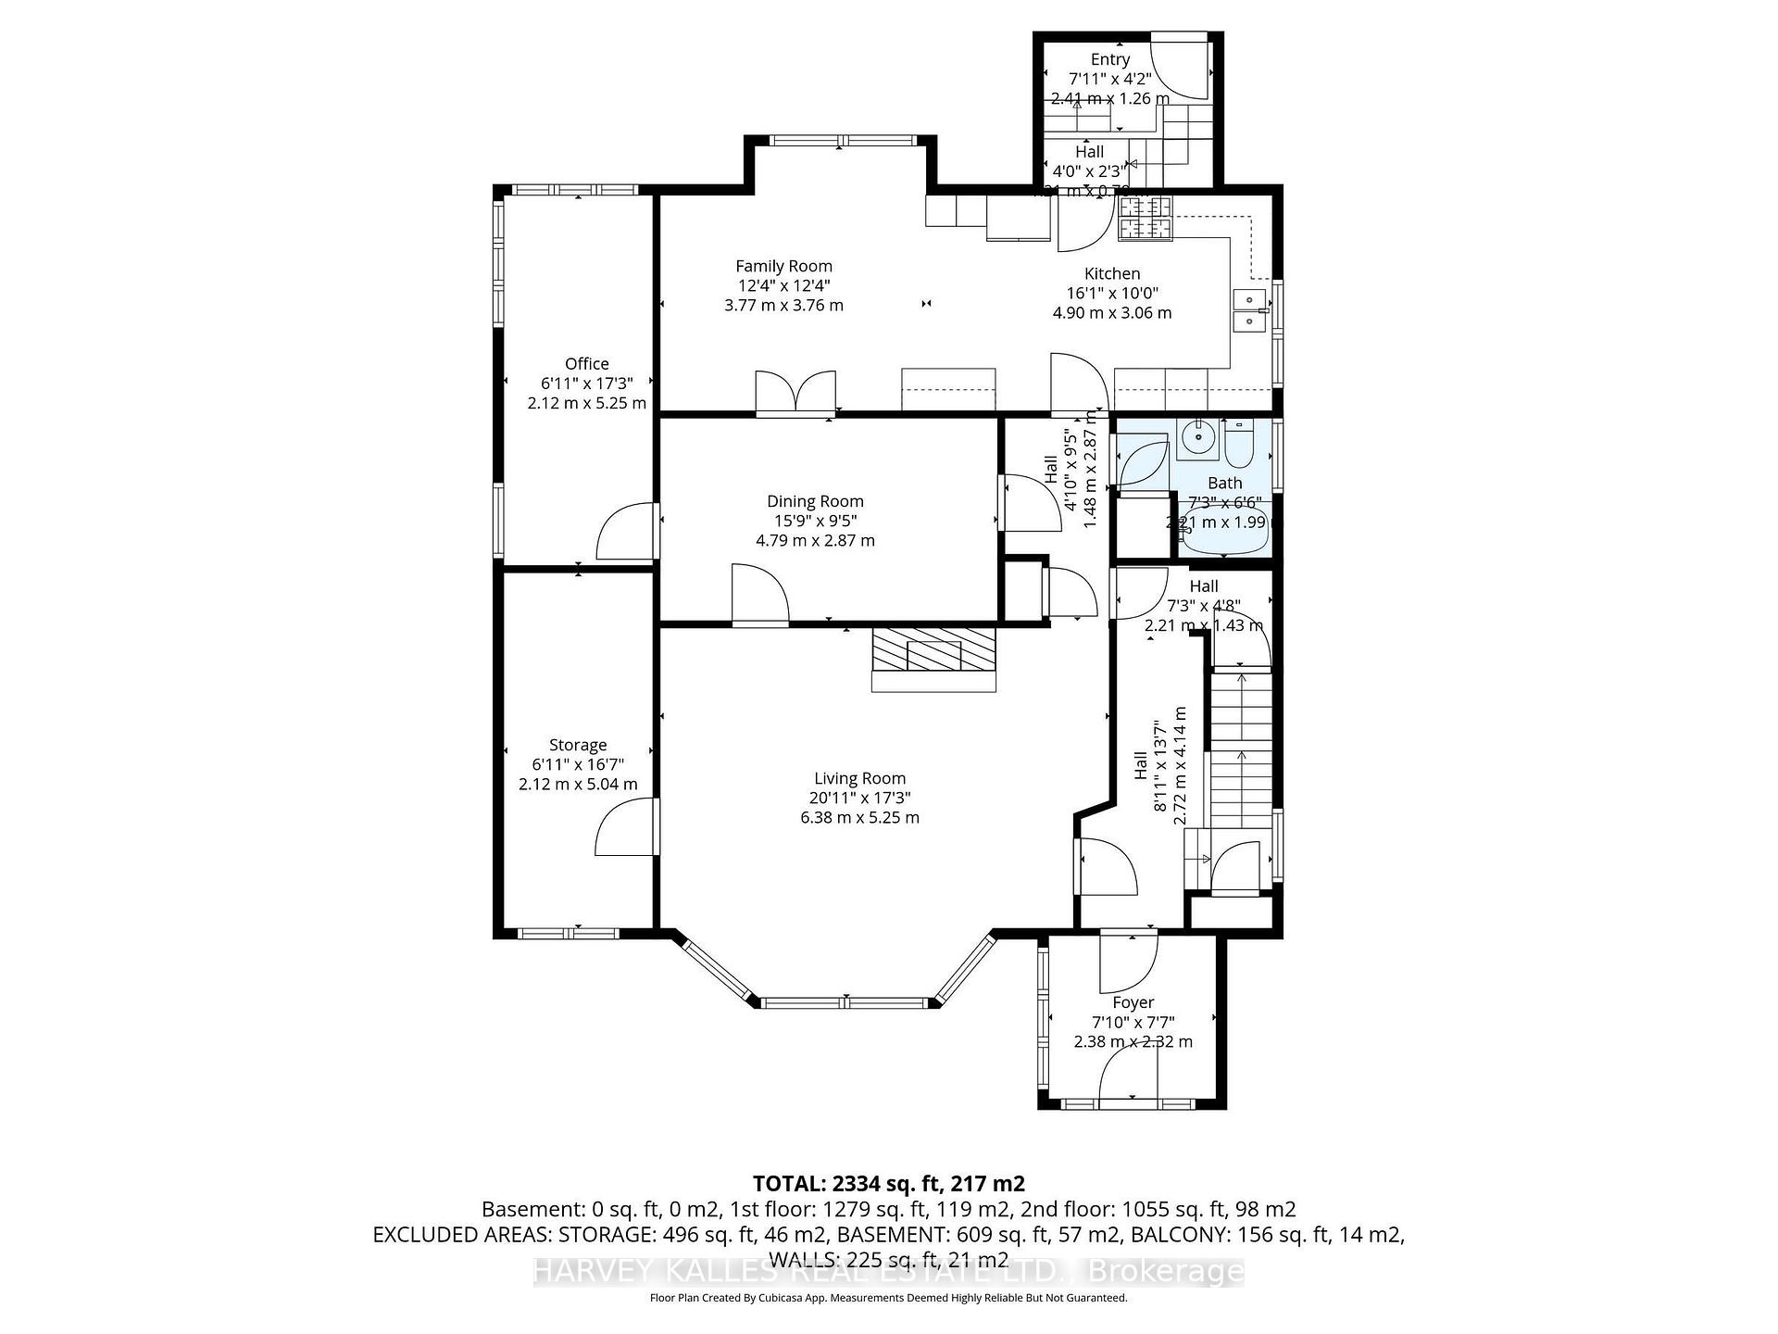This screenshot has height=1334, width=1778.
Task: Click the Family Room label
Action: tap(783, 266)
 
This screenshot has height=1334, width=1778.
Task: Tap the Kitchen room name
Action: tap(1111, 273)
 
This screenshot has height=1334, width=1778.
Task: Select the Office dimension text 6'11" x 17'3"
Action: tap(586, 383)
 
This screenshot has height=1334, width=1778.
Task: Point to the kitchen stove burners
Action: tap(1146, 219)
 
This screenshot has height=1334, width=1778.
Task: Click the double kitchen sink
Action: tap(1249, 310)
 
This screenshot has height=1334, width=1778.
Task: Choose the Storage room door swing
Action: tap(625, 829)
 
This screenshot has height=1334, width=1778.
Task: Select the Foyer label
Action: tap(1133, 1002)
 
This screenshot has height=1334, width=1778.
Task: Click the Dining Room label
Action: tap(814, 501)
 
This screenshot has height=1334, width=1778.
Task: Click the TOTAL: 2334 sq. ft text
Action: tap(888, 1183)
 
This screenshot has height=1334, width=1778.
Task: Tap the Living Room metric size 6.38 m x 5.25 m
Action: tap(859, 817)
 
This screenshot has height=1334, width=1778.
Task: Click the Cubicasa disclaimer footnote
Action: tap(888, 1298)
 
